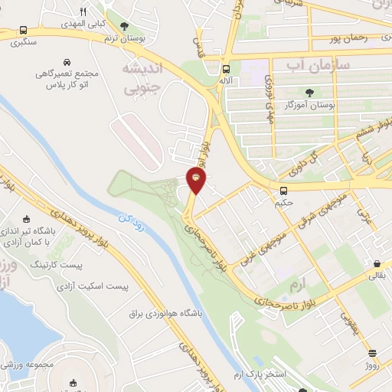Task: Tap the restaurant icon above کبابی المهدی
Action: [83, 11]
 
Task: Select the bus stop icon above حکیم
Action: [283, 191]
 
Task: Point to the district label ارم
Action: [296, 285]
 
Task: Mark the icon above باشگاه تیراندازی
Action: [27, 218]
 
